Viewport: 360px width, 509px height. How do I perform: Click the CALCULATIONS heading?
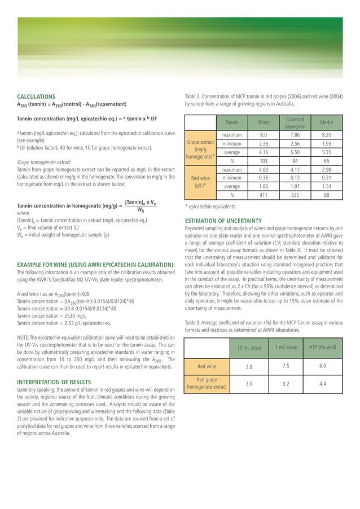(x=36, y=97)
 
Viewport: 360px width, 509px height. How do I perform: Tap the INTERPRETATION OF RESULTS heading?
(x=54, y=382)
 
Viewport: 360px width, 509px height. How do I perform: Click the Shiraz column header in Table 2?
(x=263, y=122)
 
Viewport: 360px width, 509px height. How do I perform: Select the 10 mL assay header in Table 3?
(x=249, y=348)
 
